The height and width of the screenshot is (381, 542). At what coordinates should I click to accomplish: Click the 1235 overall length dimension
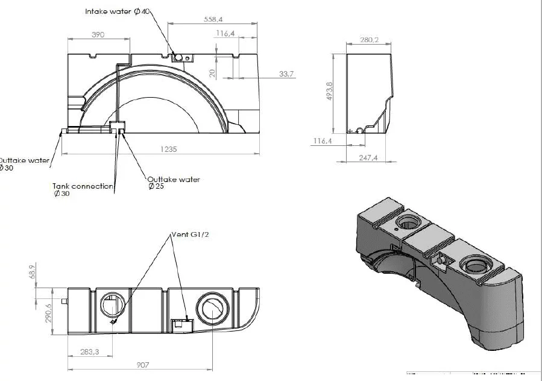coord(169,150)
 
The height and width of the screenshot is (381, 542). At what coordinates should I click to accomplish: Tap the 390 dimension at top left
coord(98,35)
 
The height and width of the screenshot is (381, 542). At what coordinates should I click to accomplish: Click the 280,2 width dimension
coord(368,40)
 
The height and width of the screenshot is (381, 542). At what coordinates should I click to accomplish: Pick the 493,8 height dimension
coord(330,92)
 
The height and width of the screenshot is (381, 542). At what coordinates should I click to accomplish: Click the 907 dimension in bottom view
coord(142,365)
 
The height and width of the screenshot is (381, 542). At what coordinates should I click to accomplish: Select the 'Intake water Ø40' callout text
coord(118,11)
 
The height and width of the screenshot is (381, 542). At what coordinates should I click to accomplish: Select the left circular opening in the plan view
coord(112,305)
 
